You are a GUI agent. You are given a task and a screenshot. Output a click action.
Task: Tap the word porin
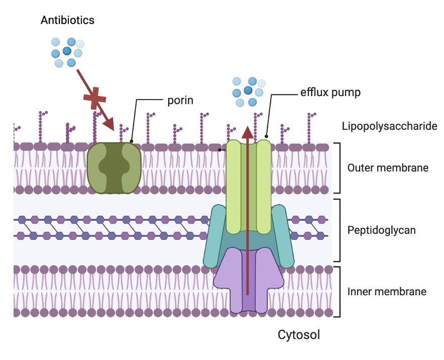coord(180,101)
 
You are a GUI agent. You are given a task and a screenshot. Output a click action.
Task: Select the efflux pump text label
coord(330,93)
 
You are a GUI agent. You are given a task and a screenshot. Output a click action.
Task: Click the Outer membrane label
coord(388,167)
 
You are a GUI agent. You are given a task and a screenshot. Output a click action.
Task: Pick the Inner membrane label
coord(387,291)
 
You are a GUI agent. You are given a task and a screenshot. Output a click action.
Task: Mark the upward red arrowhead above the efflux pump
coord(247,132)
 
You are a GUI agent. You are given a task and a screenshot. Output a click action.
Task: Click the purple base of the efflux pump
coord(247,282)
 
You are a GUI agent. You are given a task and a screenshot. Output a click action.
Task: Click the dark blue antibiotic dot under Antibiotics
coord(66,51)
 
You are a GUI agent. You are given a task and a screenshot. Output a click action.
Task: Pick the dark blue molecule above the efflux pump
coord(248,90)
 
